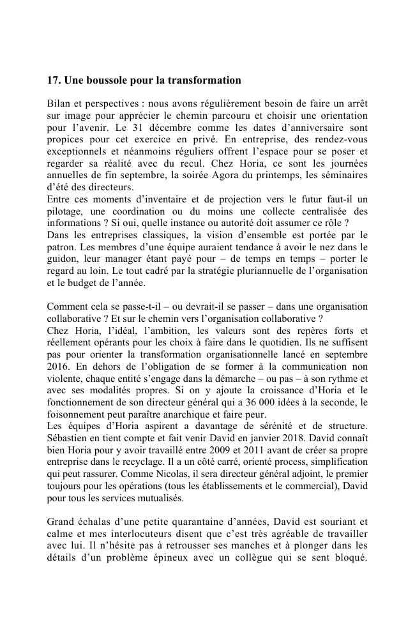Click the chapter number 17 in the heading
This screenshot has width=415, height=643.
click(52, 80)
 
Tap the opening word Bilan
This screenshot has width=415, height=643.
click(59, 103)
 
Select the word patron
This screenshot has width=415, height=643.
click(61, 248)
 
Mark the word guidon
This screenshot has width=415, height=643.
click(61, 260)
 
